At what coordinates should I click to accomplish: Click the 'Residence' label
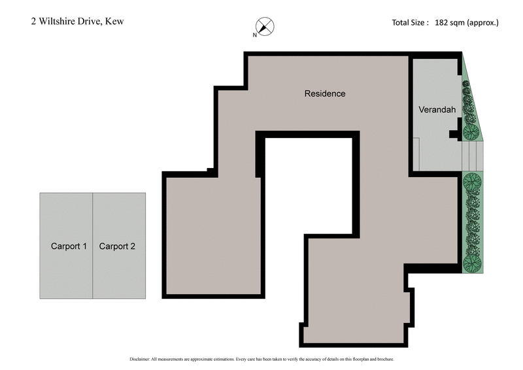coord(325,93)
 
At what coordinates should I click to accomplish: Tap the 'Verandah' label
coord(437,110)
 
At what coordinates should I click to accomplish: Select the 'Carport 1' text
coord(69,246)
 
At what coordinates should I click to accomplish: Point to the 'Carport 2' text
coord(117,246)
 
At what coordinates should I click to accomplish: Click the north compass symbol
coord(265,27)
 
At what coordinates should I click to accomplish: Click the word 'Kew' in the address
coord(115,21)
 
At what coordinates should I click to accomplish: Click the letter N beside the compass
coord(255,35)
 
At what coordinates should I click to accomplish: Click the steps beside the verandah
coord(472,157)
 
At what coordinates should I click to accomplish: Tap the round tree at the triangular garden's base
coord(470,133)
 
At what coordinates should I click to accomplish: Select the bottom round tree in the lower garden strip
coord(471,263)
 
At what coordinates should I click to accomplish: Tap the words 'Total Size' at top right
coord(409,22)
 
